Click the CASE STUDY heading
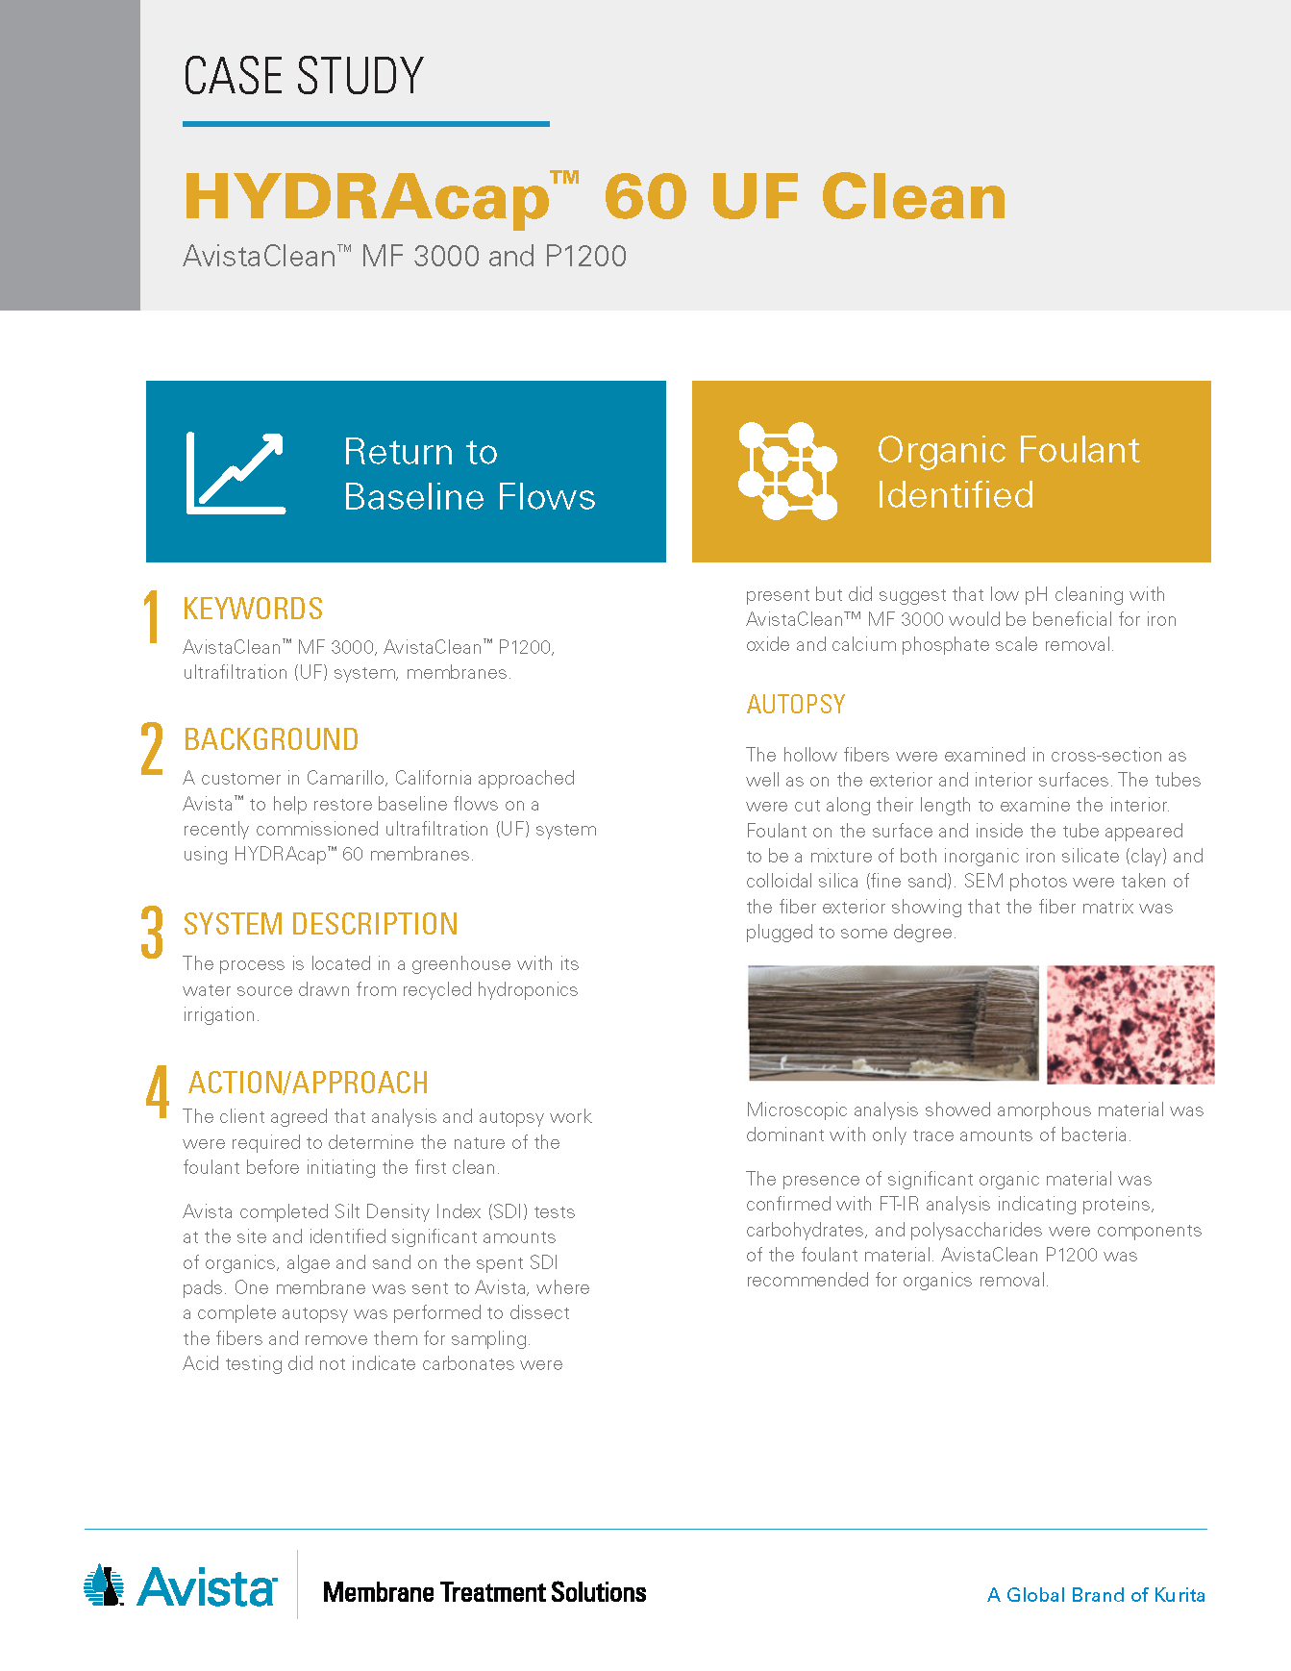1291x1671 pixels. point(303,76)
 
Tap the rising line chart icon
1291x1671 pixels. point(236,472)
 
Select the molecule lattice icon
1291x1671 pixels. point(787,471)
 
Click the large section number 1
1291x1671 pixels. point(151,616)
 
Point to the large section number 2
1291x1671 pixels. point(152,748)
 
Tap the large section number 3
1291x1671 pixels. point(152,933)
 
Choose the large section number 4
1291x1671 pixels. point(157,1091)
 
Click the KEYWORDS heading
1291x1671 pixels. point(253,609)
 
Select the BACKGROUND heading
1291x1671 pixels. point(271,739)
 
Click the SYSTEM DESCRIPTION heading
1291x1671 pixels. point(321,924)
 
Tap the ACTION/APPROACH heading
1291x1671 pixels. point(309,1083)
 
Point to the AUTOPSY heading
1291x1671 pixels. point(796,705)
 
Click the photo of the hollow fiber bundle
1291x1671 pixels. point(893,1023)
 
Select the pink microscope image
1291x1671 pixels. point(1130,1025)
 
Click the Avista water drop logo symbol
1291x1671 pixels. point(104,1585)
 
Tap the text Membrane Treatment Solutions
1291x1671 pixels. point(484,1593)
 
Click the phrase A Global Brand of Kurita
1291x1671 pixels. point(1096,1595)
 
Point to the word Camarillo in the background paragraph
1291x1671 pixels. point(346,778)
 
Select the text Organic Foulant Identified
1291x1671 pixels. point(1008,472)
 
